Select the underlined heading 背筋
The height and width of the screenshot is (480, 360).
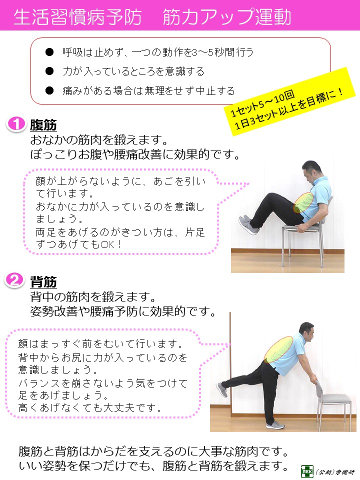click(x=43, y=282)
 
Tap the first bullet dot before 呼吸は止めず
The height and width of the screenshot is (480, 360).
click(x=49, y=51)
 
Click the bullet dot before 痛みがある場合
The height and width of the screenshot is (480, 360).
click(x=49, y=90)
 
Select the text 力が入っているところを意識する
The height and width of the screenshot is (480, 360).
click(x=133, y=71)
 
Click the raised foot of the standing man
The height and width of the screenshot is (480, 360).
click(x=221, y=389)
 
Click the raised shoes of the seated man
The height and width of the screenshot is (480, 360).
click(x=247, y=224)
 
